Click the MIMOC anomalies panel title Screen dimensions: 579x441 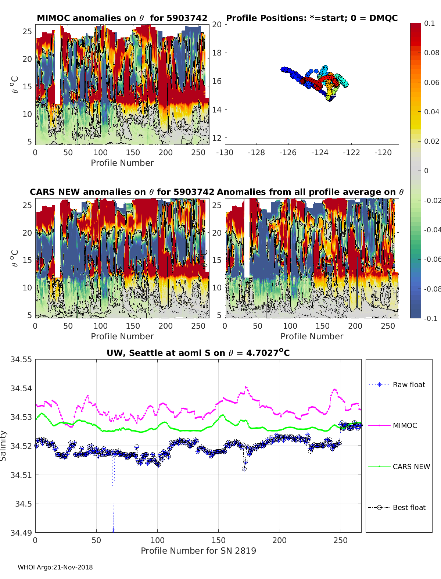point(122,18)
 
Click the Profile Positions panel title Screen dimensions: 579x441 point(312,18)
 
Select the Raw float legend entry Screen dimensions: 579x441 point(409,385)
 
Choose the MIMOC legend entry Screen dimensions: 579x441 point(405,425)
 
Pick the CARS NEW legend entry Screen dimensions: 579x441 point(411,467)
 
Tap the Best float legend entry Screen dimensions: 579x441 point(409,507)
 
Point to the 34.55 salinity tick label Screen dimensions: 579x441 point(21,360)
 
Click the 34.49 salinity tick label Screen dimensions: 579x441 point(21,532)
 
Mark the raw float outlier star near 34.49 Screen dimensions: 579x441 point(113,530)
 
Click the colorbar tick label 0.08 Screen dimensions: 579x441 point(431,53)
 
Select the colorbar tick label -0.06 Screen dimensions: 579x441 point(431,259)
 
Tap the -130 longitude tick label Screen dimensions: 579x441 point(225,153)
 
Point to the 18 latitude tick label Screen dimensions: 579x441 point(217,53)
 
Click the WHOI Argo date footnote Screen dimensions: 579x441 point(55,567)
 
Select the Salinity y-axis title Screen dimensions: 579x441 point(3,446)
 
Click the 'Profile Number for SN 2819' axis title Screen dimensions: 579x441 point(198,551)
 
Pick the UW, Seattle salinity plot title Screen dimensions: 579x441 point(198,353)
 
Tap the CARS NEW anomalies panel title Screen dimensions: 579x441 point(122,192)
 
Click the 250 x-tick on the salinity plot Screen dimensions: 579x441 point(340,540)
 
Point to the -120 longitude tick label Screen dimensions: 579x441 point(383,153)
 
